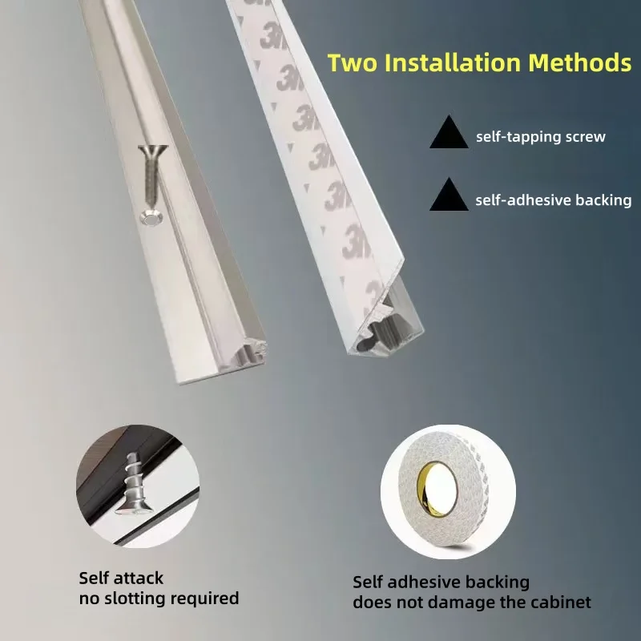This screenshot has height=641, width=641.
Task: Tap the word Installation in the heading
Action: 458,63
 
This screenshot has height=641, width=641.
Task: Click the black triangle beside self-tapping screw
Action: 449,133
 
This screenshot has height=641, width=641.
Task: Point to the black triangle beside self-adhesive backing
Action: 449,196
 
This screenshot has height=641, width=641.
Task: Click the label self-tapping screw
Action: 540,137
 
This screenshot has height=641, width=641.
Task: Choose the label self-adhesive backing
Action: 553,200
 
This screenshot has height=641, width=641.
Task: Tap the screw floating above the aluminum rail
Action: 150,172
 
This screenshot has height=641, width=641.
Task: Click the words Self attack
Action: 121,578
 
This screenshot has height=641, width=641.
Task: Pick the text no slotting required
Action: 159,599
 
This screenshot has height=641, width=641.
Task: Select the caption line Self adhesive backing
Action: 441,582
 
